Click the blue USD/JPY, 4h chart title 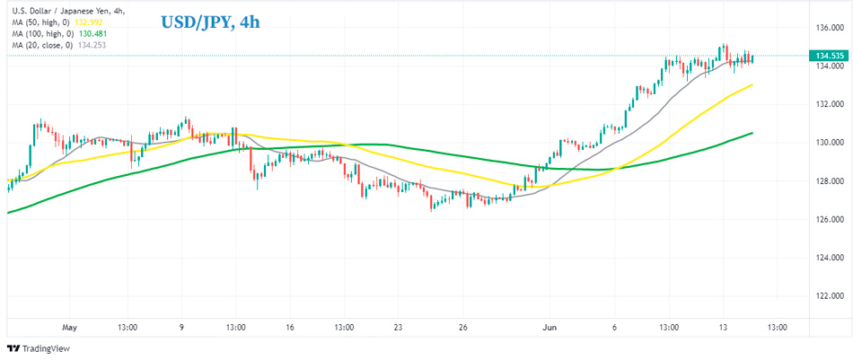(210, 22)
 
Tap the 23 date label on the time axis (399, 328)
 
